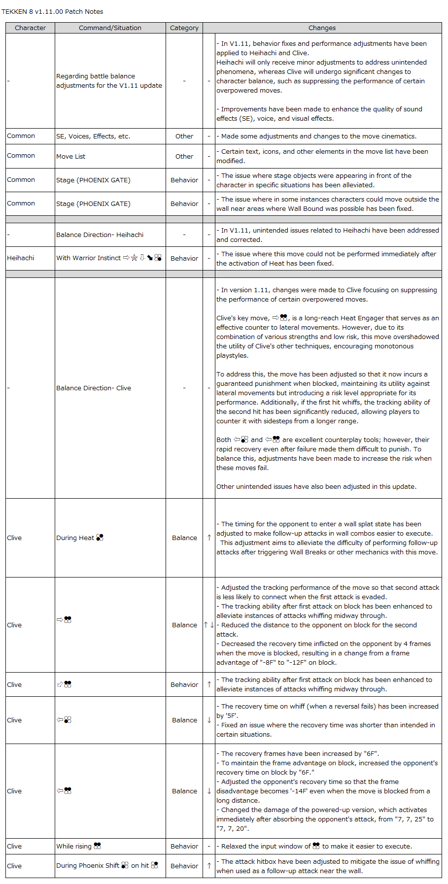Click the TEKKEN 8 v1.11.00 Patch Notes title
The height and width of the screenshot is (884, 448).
(52, 11)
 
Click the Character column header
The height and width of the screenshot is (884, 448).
(30, 28)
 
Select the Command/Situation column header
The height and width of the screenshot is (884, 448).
(110, 28)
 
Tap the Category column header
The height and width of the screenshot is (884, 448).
(184, 28)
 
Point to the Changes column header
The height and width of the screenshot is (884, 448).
(322, 28)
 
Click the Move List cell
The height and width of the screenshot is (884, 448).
(71, 157)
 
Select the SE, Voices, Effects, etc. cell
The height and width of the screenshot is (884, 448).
(93, 136)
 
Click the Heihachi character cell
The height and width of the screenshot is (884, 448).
(21, 258)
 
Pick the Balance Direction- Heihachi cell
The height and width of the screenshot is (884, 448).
(100, 235)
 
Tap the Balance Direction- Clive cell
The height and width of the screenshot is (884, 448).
(94, 388)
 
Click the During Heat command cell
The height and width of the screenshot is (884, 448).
(79, 538)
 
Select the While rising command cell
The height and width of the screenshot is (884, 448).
(78, 847)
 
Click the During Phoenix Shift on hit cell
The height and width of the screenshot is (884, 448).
(107, 866)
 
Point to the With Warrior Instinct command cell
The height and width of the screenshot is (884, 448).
(108, 258)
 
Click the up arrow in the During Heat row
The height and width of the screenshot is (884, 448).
(209, 538)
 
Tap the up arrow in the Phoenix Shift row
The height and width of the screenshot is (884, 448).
(209, 866)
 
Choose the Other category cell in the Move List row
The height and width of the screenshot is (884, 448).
(184, 157)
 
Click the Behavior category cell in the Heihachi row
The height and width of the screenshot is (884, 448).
(184, 258)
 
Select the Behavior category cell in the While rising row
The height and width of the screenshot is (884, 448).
(184, 847)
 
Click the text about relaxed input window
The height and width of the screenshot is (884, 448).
(316, 847)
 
